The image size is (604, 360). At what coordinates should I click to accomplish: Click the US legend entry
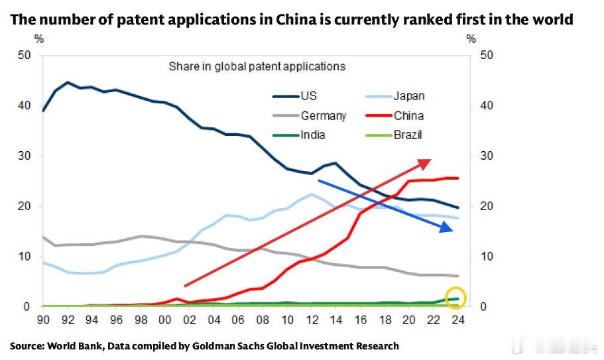[308, 96]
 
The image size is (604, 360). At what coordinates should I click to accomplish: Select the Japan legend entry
[409, 96]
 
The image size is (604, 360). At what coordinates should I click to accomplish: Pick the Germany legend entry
[323, 116]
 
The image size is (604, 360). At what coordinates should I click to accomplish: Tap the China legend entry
[408, 116]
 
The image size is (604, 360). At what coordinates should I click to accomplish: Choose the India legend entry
[312, 135]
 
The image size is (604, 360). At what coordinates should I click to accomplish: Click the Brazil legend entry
[408, 135]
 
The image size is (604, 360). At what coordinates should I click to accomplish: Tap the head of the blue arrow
[452, 230]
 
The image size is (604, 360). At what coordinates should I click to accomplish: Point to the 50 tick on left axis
[24, 55]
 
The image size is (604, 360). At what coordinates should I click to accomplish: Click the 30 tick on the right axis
[487, 156]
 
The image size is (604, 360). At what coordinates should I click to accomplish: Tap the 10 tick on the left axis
[24, 257]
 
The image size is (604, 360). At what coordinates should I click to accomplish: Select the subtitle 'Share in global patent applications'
[257, 66]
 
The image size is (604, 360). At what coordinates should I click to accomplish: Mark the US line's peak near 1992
[68, 83]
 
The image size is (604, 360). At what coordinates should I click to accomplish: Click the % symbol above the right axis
[471, 38]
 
